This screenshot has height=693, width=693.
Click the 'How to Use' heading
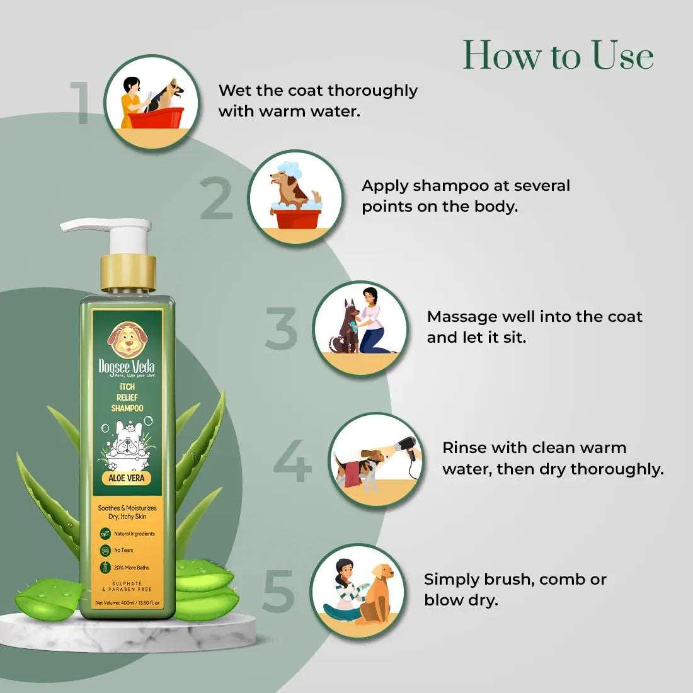558,55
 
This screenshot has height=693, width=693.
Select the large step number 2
217,198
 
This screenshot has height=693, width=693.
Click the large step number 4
293,462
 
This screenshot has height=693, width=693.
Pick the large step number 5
278,591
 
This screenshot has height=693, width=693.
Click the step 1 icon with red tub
151,102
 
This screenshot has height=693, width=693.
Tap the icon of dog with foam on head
295,197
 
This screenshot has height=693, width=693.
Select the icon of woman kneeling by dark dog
360,328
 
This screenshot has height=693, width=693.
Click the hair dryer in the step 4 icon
407,448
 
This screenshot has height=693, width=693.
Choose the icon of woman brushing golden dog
360,591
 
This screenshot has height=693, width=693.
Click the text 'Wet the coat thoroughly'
318,90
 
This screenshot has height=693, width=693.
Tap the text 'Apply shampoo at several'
466,186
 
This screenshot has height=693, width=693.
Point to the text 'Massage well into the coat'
534,316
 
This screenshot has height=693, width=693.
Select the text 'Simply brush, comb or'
515,579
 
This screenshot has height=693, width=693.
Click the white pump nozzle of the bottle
101,226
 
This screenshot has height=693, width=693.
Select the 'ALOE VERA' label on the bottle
127,478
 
